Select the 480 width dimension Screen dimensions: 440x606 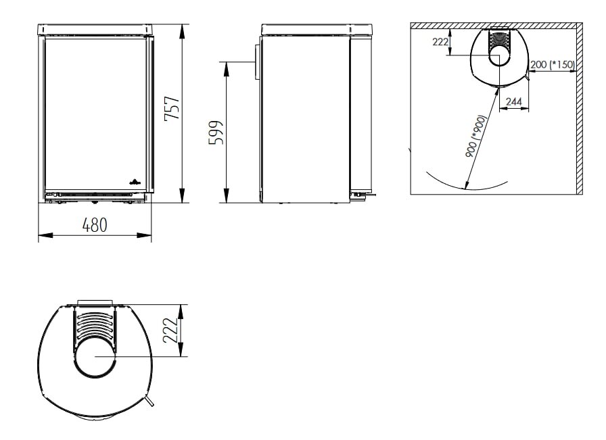click(x=95, y=225)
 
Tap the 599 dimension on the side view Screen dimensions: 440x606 click(x=215, y=133)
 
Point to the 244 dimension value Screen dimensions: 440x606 click(x=514, y=101)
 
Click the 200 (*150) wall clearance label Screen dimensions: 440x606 click(x=552, y=65)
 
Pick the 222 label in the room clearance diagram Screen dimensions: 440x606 click(x=440, y=42)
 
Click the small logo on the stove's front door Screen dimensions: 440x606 click(x=133, y=182)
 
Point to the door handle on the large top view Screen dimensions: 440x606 click(x=147, y=401)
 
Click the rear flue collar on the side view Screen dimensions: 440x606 click(x=258, y=61)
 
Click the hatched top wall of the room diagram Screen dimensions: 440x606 click(x=494, y=26)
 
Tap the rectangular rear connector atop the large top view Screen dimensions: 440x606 click(x=95, y=302)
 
